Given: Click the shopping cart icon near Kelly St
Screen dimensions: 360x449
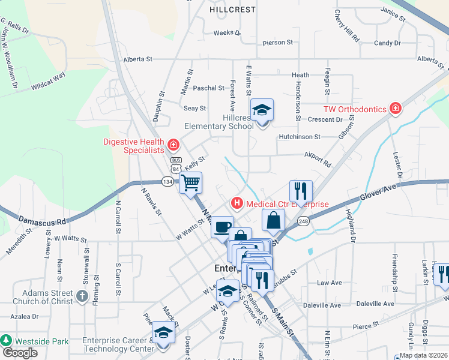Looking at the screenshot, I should click(191, 182).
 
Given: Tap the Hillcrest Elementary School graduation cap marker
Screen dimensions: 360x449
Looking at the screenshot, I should click(262, 111).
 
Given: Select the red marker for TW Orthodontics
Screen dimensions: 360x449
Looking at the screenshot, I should click(395, 109).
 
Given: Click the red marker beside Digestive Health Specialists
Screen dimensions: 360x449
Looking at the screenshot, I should click(173, 145).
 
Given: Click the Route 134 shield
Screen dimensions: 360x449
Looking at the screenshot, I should click(167, 181).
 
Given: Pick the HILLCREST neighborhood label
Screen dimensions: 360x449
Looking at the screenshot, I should click(233, 10).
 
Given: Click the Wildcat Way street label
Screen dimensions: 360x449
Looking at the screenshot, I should click(48, 80).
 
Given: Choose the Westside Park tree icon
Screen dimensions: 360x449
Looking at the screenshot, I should click(7, 340).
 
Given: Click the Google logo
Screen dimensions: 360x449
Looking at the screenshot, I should click(20, 353).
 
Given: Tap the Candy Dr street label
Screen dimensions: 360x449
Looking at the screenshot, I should click(387, 43).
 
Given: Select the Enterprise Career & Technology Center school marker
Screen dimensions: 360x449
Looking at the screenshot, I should click(163, 332).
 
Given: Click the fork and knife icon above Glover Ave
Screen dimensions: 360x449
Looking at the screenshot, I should click(301, 191).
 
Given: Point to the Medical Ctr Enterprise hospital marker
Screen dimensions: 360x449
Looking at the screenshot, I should click(237, 204).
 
